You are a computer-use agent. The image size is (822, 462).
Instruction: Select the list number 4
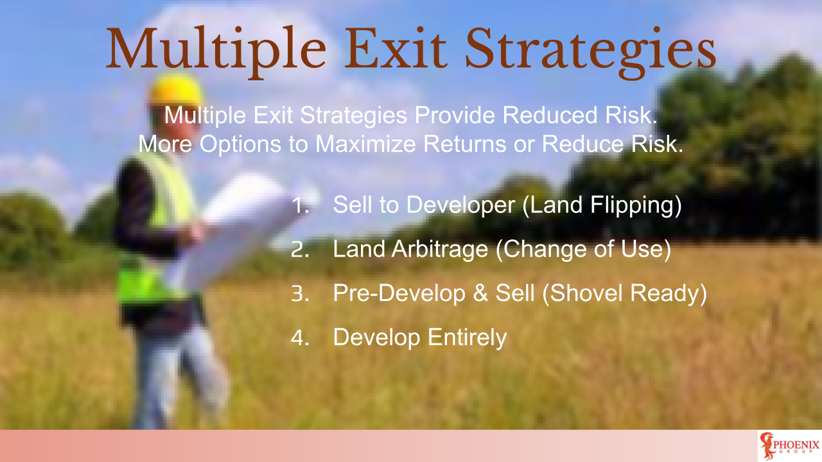coord(300,338)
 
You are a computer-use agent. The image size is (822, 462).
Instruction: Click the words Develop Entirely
coord(419,338)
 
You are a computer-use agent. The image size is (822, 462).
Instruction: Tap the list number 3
coord(300,293)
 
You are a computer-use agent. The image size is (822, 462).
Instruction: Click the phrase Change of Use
coord(582,250)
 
